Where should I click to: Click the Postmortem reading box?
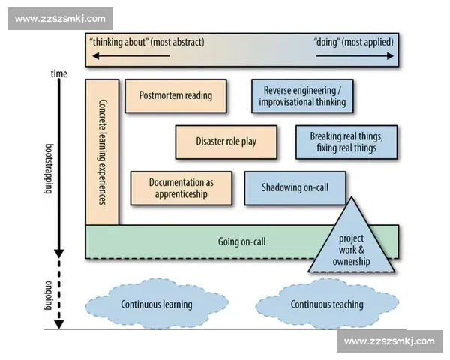click(175, 96)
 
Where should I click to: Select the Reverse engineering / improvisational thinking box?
click(302, 96)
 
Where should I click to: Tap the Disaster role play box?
click(226, 142)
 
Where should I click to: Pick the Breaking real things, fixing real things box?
click(346, 142)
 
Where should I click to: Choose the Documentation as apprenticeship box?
click(181, 188)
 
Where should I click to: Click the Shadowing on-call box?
click(295, 188)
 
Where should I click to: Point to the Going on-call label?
click(242, 241)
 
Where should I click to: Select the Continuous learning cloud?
click(157, 304)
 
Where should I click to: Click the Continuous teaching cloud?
click(327, 304)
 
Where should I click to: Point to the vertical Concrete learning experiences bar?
click(102, 151)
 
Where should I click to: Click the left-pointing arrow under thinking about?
click(131, 56)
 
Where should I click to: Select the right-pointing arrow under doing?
click(355, 56)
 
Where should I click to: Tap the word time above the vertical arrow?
click(58, 73)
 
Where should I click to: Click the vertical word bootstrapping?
click(49, 169)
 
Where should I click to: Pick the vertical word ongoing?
click(49, 295)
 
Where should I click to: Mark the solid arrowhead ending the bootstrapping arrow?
click(58, 253)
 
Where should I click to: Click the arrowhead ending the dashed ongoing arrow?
click(58, 325)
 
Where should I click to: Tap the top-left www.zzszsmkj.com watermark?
click(60, 19)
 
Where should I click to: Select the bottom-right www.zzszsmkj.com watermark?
click(389, 341)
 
